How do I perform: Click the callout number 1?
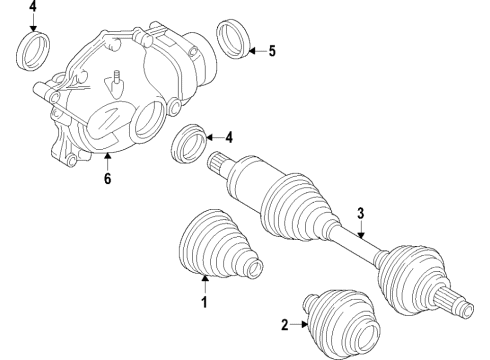coord(205,302)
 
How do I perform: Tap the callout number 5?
coord(271,49)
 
